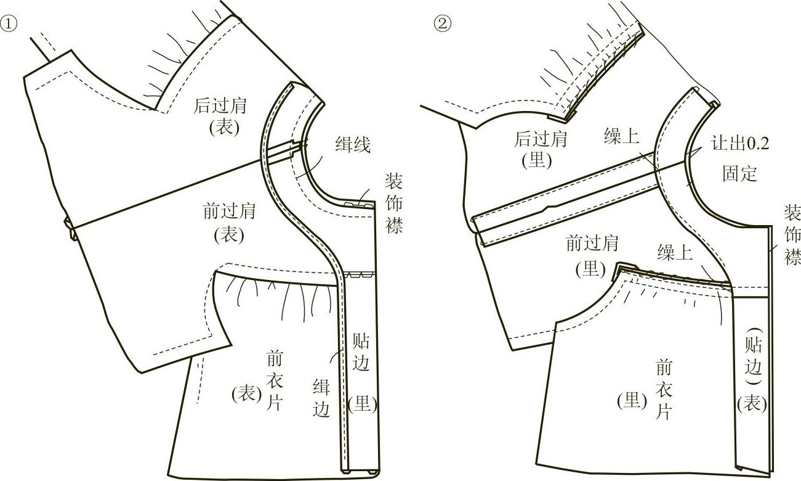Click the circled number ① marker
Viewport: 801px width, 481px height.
8,24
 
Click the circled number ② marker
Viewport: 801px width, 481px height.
443,24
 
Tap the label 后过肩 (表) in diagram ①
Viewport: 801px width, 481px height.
220,115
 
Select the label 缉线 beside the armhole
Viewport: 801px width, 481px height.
353,146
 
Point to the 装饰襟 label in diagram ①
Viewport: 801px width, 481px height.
394,203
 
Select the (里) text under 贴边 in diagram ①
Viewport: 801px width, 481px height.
362,404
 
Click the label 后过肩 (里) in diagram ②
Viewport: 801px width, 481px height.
541,150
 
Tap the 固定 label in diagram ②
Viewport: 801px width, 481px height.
739,173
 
